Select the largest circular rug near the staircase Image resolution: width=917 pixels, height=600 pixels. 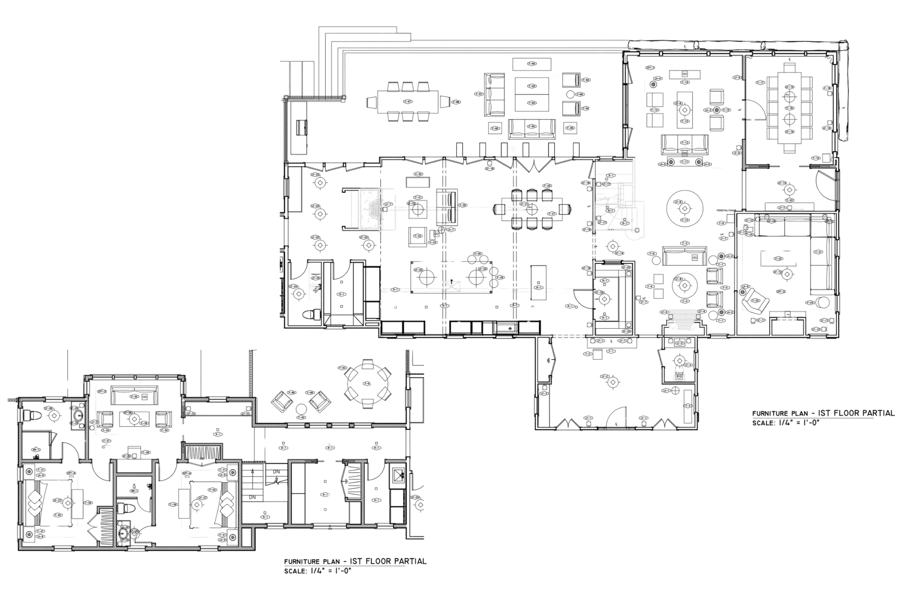[683, 208]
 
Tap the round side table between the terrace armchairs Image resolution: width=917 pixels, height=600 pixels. [571, 94]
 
